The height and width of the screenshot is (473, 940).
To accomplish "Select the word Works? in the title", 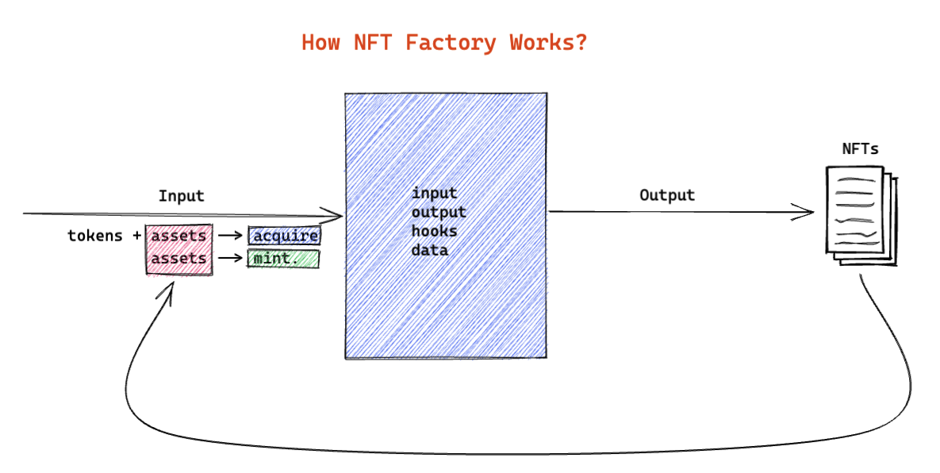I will pos(548,42).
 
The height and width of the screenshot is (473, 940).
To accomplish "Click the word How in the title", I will pos(320,42).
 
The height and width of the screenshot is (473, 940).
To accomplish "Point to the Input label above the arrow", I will pos(181,196).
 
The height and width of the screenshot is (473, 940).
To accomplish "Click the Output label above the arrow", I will pos(667,194).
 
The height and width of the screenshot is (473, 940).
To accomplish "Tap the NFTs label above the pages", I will pos(860,148).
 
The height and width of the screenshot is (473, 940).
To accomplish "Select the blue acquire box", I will pos(284,236).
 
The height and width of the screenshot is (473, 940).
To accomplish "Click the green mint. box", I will pos(283,259).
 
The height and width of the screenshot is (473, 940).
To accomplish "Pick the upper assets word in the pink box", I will pos(178,236).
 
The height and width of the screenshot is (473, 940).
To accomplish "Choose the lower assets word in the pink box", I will pos(178,259).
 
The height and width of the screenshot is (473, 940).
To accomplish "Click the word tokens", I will pos(95,236).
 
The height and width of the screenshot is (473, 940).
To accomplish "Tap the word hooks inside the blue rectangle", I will pos(434,231).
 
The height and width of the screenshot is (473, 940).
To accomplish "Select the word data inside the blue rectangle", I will pos(429,250).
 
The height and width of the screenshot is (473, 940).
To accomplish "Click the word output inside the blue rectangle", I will pos(439,212).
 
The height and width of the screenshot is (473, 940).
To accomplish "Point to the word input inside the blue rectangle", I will pos(434,193).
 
